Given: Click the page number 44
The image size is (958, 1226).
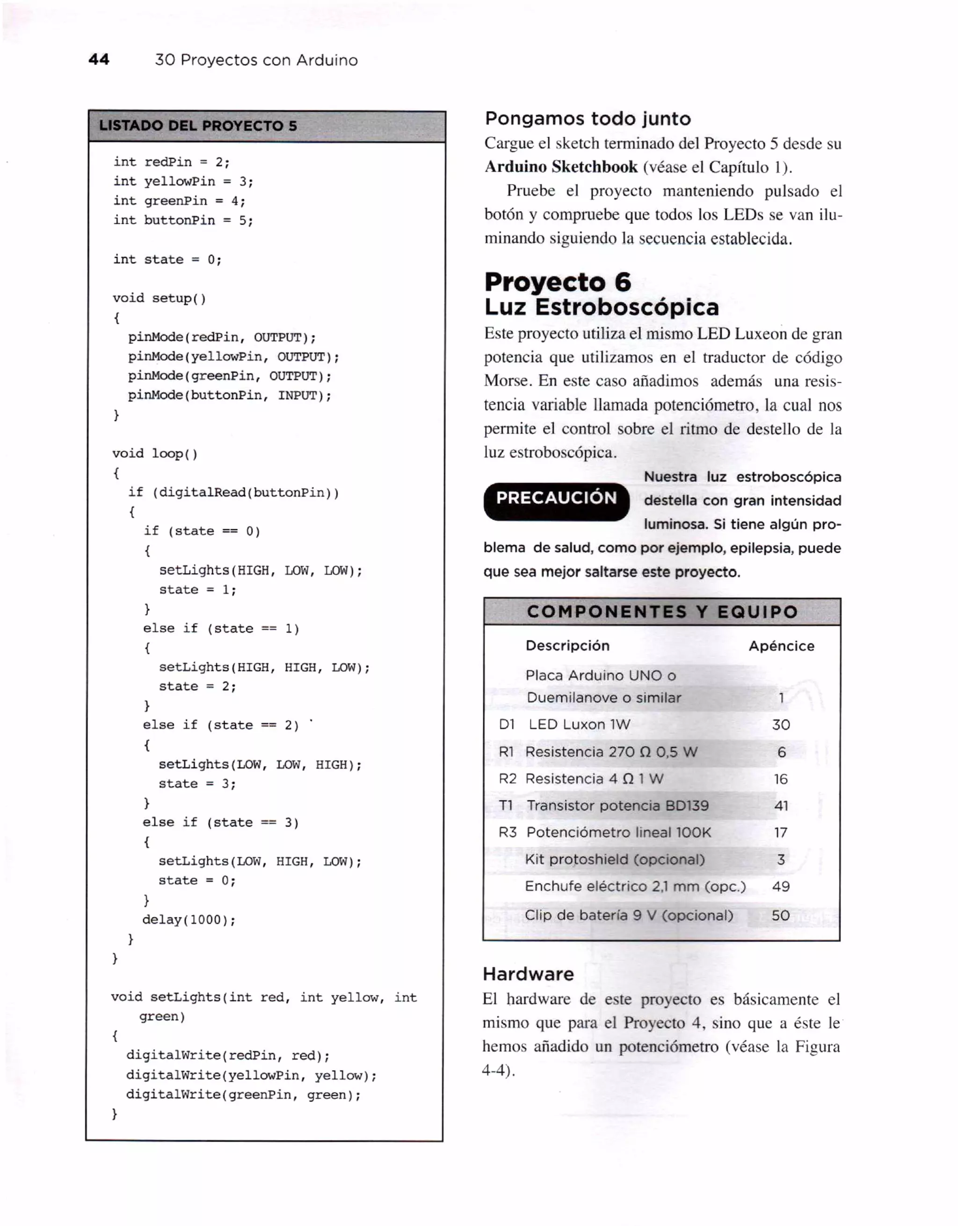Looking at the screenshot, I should [x=99, y=59].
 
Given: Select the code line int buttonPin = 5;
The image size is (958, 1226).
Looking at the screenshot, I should [x=183, y=220].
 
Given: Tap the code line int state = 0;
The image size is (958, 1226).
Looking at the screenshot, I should [x=167, y=259].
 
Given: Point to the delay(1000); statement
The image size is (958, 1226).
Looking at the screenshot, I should [x=189, y=920].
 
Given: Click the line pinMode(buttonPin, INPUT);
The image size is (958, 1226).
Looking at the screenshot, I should [x=230, y=395].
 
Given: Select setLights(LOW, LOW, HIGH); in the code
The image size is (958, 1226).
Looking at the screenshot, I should [x=260, y=765].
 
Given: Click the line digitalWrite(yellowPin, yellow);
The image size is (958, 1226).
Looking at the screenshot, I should [x=251, y=1075].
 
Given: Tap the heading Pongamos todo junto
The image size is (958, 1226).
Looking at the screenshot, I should [x=588, y=118].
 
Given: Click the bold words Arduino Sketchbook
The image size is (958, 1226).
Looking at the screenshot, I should [x=561, y=167].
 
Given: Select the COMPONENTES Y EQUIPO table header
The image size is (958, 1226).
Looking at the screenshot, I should [x=662, y=612].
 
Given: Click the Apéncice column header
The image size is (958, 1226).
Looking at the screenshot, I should [x=781, y=646].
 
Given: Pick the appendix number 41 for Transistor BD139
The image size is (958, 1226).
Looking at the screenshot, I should [x=781, y=805].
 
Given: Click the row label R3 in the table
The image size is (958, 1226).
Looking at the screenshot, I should [x=508, y=833].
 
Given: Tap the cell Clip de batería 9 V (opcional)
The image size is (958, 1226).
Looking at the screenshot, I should [x=629, y=915].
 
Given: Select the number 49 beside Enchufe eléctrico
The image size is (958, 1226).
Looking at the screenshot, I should [x=781, y=886].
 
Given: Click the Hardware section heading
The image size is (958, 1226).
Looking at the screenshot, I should [x=528, y=973].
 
